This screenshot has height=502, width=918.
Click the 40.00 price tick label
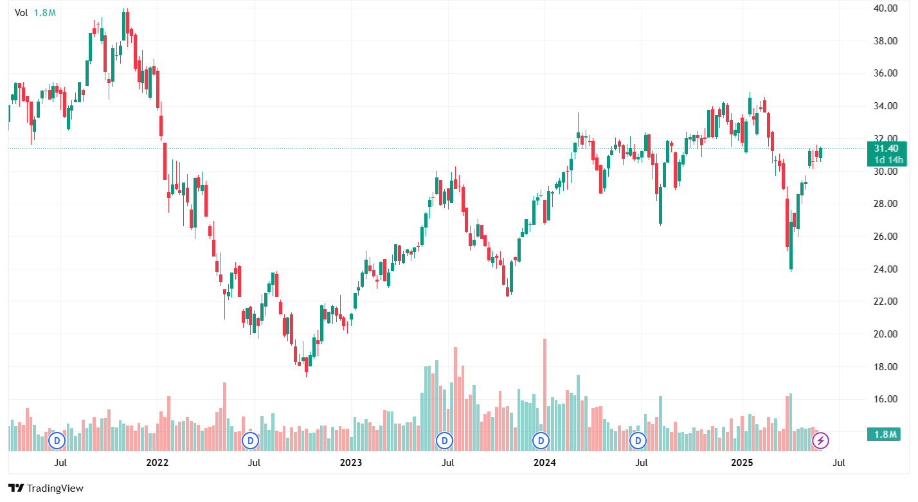tap(885, 8)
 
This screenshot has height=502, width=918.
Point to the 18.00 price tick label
tap(885, 367)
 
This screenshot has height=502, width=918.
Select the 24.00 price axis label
tap(885, 269)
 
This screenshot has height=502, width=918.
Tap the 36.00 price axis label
tap(885, 73)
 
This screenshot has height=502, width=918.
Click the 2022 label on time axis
tap(157, 462)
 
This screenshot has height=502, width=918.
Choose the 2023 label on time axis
tap(351, 462)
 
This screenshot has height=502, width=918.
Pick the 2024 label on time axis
tap(545, 462)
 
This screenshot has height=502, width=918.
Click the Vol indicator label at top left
tap(21, 12)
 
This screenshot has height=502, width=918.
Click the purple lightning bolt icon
tap(820, 440)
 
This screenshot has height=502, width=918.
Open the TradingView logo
tap(46, 489)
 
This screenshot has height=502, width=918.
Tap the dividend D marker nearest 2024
tap(541, 440)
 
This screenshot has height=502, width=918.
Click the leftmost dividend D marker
tap(58, 440)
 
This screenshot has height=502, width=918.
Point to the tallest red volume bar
tap(544, 386)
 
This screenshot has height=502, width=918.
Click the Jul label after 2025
tap(839, 462)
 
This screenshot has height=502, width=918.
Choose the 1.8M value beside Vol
tap(44, 12)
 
